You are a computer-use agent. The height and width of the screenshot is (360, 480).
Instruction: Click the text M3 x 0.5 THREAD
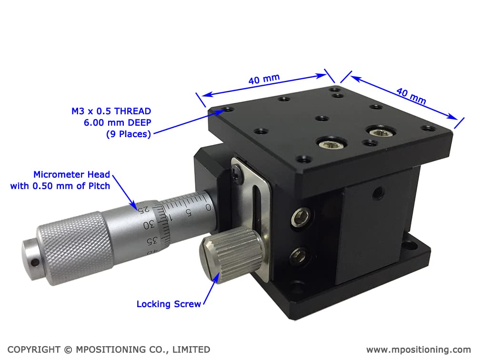pos(111,111)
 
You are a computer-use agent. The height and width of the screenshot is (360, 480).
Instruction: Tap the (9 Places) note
pos(128,134)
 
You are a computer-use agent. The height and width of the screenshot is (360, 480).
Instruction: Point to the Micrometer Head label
pos(71,174)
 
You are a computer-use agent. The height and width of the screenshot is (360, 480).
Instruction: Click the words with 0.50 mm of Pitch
pos(60,186)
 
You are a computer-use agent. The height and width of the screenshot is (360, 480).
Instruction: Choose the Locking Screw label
pos(169,304)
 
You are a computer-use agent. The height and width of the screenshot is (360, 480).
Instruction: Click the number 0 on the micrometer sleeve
pos(208,207)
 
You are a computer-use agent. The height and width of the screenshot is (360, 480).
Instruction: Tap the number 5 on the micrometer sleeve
pos(189,213)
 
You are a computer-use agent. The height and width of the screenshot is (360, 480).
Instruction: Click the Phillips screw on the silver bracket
pos(236,175)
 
